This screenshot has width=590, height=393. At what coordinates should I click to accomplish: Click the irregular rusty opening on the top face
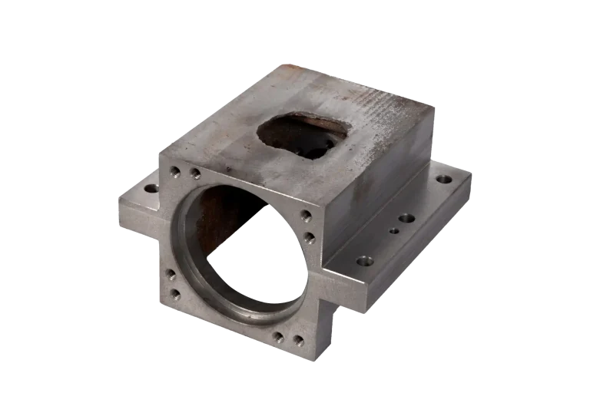[303, 134]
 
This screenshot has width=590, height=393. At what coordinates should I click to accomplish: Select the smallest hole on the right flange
[394, 230]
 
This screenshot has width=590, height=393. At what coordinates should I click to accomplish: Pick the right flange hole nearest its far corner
[444, 179]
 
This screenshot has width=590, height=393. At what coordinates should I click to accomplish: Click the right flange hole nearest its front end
[365, 261]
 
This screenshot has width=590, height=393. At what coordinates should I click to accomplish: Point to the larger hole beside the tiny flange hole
[406, 218]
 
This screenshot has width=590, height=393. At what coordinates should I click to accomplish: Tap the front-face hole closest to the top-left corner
[175, 172]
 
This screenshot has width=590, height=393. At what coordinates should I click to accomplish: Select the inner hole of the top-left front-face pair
[195, 173]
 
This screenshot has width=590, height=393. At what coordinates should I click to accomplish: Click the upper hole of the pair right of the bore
[305, 216]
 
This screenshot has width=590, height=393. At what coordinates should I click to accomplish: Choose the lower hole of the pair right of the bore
[308, 238]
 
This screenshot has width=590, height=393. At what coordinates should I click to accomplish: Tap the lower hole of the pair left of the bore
[174, 293]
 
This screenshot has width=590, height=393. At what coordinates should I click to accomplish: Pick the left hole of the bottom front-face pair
[278, 336]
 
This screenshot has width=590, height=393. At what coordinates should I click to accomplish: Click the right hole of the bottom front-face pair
[298, 340]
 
